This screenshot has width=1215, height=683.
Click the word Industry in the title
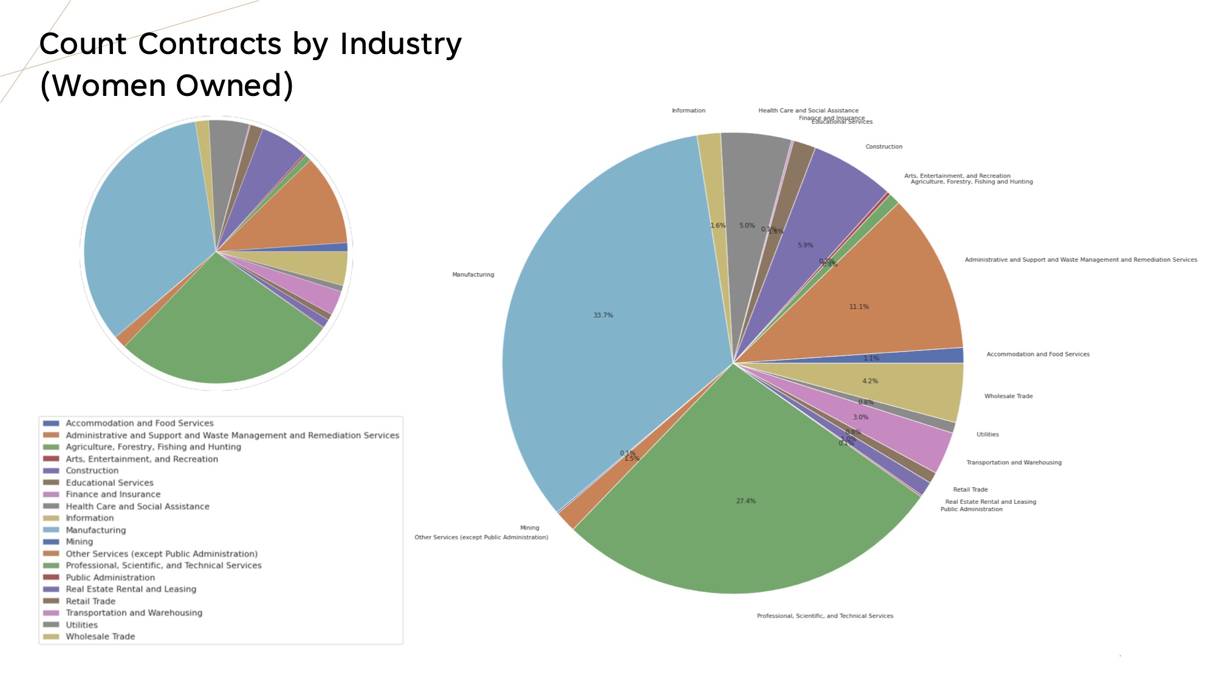click(x=400, y=44)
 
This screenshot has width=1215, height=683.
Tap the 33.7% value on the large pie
click(x=603, y=315)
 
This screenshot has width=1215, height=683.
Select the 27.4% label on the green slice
click(x=745, y=501)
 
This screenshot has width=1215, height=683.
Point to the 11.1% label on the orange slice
click(x=858, y=307)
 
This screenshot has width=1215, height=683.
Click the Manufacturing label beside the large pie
click(x=473, y=274)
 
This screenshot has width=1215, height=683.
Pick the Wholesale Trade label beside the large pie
click(x=1008, y=396)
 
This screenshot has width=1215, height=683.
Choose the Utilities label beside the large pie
click(x=987, y=434)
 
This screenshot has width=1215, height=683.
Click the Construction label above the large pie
click(x=883, y=146)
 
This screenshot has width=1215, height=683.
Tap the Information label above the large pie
click(x=688, y=110)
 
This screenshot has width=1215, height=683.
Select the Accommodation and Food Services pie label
click(x=1038, y=354)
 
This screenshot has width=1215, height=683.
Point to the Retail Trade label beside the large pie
click(x=970, y=489)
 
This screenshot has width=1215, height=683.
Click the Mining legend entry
click(x=80, y=542)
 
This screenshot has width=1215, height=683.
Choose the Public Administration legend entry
click(x=110, y=577)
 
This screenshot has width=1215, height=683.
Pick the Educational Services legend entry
click(x=109, y=483)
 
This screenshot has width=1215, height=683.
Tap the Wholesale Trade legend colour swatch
click(x=51, y=636)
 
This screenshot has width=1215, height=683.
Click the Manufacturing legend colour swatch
click(x=51, y=530)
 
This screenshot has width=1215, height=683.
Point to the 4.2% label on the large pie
click(x=870, y=381)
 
